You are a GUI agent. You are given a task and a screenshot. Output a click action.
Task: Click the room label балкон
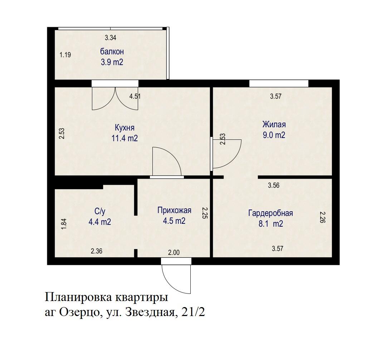[112, 52]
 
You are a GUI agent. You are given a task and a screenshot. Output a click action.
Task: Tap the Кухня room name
[125, 128]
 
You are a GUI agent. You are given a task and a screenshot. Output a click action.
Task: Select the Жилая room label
[274, 125]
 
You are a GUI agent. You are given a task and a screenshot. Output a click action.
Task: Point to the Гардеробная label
[270, 213]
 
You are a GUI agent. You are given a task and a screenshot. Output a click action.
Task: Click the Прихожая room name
[174, 210]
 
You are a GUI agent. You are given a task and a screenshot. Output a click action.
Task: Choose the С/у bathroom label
[99, 211]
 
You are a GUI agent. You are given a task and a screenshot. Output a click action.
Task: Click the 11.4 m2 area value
[125, 139]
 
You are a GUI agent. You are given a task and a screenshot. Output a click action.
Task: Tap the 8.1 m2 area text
[270, 224]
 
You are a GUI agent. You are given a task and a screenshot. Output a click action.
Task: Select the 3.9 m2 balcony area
[112, 62]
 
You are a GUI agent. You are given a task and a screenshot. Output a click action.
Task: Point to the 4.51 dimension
[135, 96]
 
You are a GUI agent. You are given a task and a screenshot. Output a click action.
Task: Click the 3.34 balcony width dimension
[111, 37]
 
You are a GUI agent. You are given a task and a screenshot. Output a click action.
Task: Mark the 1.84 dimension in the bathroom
[64, 224]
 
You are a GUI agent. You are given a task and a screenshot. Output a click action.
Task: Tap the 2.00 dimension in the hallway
[174, 253]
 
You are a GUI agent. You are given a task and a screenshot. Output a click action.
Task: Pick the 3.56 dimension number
[274, 186]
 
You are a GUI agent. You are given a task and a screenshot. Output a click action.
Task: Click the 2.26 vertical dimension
[322, 217]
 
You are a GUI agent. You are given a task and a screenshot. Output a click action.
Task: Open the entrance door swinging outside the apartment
[176, 277]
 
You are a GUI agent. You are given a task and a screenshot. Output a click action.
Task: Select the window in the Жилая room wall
[279, 83]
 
